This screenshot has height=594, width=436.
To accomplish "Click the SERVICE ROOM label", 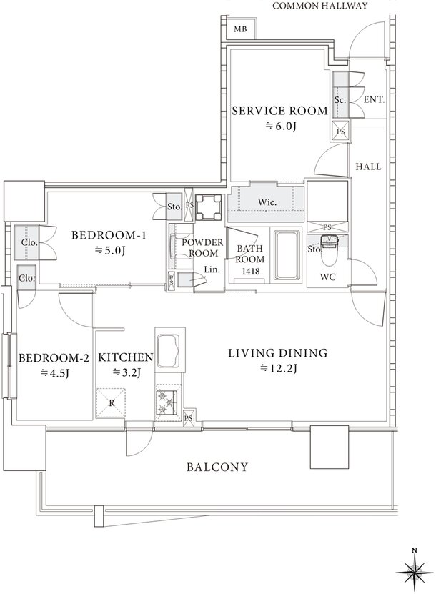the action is click(280, 111).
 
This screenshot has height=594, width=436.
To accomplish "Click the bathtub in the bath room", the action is click(287, 255).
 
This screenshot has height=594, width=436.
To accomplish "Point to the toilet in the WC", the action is click(327, 251).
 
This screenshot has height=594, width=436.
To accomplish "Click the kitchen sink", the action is click(169, 351).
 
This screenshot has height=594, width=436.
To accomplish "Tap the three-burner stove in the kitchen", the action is click(169, 402).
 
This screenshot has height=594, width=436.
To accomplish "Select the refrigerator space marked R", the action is click(111, 402).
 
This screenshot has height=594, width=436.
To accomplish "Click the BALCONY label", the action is click(217, 467).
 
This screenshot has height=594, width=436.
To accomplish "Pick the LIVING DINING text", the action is click(277, 353).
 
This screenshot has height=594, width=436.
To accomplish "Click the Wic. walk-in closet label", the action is click(267, 202).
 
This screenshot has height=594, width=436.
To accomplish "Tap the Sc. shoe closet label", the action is click(340, 100).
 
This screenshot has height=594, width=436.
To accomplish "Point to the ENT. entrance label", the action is click(374, 100).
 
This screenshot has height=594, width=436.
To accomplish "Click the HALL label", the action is click(368, 167).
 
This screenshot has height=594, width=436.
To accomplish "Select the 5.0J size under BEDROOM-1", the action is click(109, 250).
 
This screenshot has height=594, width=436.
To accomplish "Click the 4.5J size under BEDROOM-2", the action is click(54, 372).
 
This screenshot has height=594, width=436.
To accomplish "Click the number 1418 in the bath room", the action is click(250, 271).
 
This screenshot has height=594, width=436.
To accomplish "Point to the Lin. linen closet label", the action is click(212, 270).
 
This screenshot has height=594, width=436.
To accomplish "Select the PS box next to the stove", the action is click(189, 418).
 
